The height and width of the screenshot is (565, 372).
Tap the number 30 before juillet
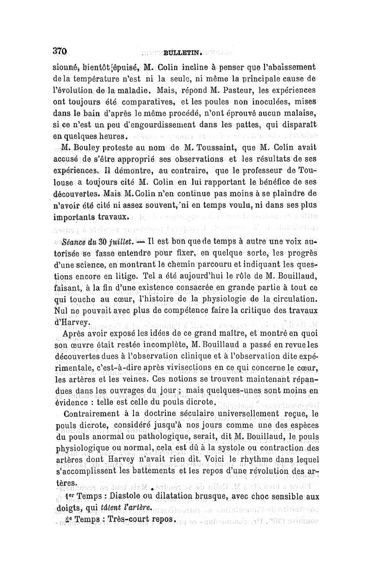[x=106, y=242]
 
